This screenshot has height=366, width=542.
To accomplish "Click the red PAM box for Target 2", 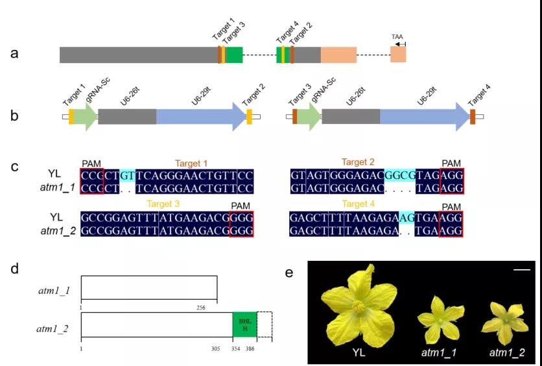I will click(452, 176).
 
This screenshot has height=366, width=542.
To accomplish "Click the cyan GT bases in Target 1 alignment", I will click(127, 176).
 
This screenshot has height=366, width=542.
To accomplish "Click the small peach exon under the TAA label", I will click(398, 55).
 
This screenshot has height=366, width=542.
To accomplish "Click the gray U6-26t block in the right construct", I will click(351, 117).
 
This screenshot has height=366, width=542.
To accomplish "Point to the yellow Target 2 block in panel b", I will click(249, 117).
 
